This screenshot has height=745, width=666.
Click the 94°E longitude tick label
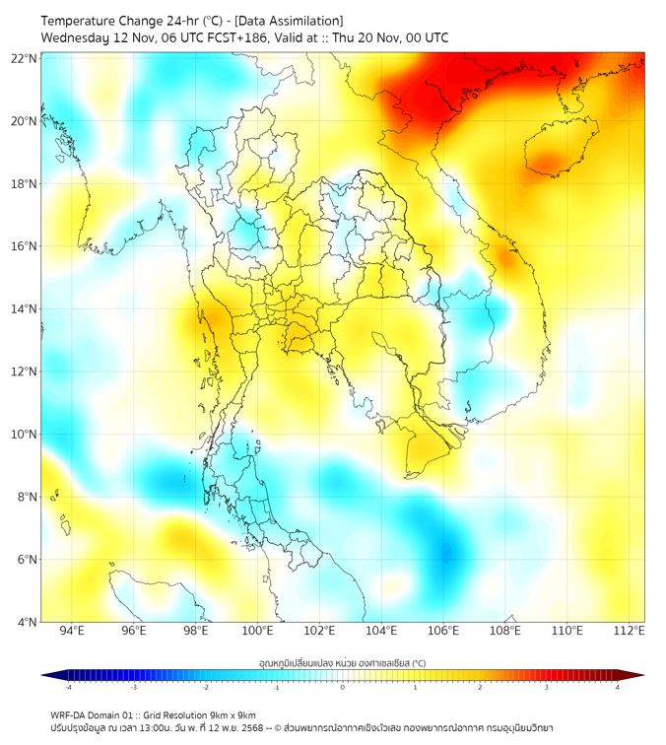point(72,632)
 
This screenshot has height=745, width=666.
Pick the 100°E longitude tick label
point(257,632)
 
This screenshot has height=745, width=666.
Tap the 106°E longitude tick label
point(443,632)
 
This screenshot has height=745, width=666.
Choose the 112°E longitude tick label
point(629,632)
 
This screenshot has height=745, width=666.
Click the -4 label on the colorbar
point(67,688)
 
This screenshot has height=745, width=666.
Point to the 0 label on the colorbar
point(343,688)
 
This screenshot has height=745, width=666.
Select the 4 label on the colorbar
point(618,688)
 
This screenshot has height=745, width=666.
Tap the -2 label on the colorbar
point(204,688)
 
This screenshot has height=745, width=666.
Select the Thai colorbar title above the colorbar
point(342,662)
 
